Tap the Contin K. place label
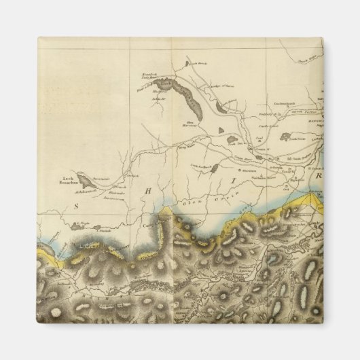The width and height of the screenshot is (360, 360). (x=259, y=147)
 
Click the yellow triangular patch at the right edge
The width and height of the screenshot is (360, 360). (x=313, y=199)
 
